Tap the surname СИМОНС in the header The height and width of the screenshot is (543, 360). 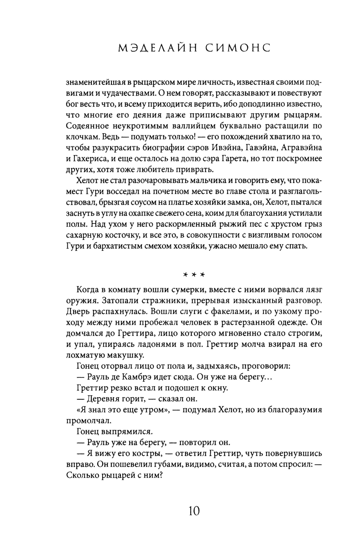(237, 48)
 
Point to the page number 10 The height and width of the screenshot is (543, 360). (193, 511)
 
